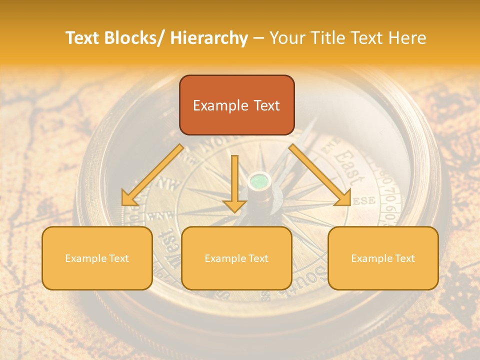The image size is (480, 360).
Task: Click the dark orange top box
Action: tap(236, 105)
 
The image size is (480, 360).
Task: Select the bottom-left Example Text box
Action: tap(97, 258)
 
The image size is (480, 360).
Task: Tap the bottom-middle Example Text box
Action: tap(236, 258)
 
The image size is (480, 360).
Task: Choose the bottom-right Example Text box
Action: tap(383, 258)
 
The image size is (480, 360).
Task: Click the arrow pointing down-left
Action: tap(152, 175)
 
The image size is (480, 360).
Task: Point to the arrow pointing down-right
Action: tap(320, 175)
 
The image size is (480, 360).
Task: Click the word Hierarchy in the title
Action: tap(209, 38)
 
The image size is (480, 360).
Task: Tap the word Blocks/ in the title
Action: tap(136, 38)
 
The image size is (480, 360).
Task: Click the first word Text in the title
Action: tap(82, 38)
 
